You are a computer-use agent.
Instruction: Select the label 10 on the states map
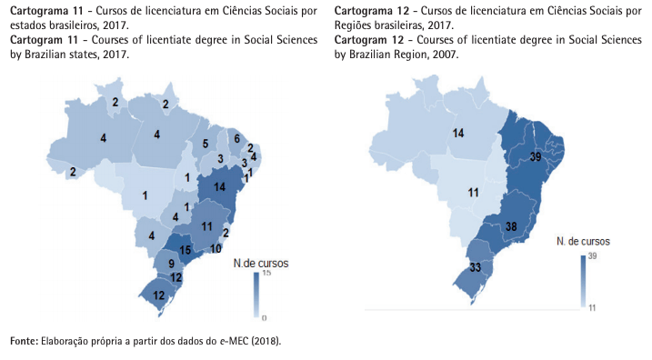[x=216, y=248]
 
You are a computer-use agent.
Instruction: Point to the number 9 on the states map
[x=171, y=264]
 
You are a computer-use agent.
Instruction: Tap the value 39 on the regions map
[x=536, y=156]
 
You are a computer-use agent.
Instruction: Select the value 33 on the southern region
[x=475, y=268]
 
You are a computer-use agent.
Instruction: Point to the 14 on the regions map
[x=459, y=134]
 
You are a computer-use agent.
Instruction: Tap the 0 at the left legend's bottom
[x=264, y=318]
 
